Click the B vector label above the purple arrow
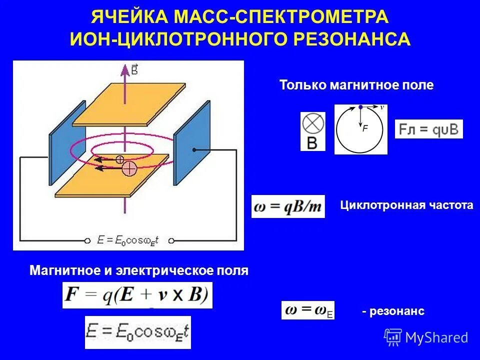(x=134, y=69)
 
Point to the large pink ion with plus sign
(x=129, y=168)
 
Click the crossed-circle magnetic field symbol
(x=312, y=123)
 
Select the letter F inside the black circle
(x=365, y=128)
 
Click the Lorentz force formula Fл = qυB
(x=429, y=129)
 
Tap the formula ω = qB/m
(x=288, y=206)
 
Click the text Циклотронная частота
(x=406, y=205)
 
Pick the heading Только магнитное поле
(x=356, y=85)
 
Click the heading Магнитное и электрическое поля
(x=139, y=271)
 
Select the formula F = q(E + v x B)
(x=137, y=294)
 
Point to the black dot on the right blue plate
(x=193, y=149)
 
